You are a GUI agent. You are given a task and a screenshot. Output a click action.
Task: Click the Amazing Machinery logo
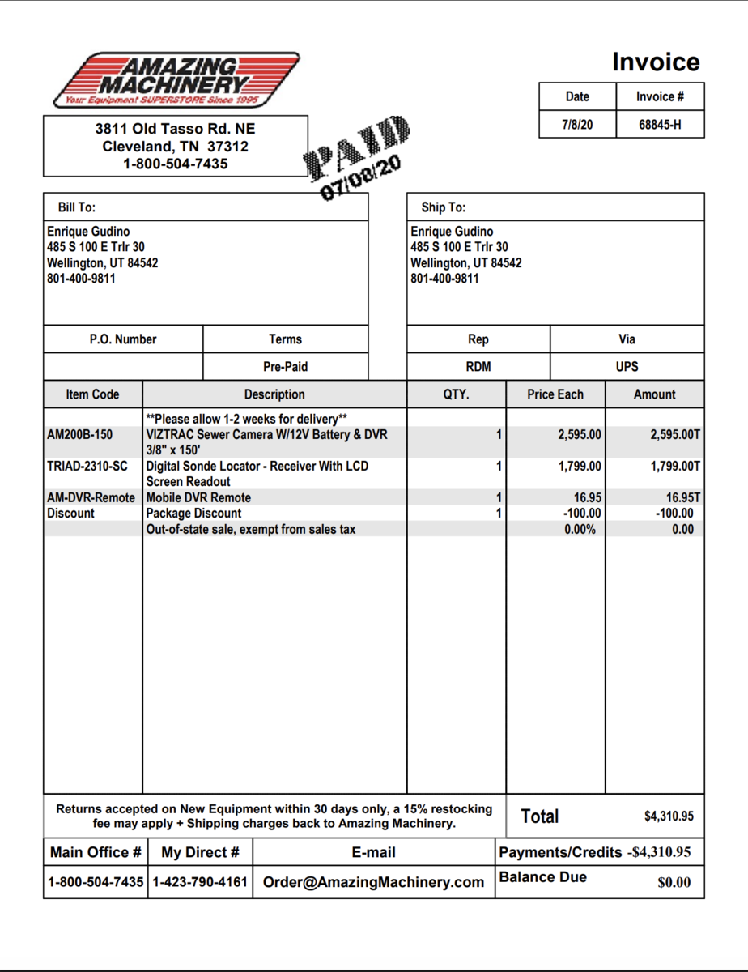(176, 80)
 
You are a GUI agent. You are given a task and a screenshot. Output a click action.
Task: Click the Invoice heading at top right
(656, 62)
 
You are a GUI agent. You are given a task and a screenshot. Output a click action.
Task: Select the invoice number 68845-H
(660, 124)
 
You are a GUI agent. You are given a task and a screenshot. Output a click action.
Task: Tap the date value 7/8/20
(577, 124)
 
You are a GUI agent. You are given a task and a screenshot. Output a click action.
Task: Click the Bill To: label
(77, 207)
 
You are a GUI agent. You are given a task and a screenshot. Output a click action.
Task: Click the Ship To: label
(443, 207)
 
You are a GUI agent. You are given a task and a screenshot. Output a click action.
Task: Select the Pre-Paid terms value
(285, 367)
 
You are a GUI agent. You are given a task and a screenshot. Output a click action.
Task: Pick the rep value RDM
(478, 367)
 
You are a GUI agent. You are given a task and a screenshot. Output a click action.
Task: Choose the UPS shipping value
(627, 367)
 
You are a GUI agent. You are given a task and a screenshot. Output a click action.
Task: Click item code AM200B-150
(80, 435)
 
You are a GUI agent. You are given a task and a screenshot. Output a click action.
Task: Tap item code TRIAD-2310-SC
(87, 467)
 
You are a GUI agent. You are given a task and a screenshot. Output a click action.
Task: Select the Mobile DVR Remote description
(198, 498)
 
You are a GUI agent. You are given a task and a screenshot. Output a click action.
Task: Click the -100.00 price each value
(582, 514)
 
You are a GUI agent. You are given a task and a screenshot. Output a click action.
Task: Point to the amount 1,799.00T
(675, 467)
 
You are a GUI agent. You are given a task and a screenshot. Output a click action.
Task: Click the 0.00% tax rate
(580, 530)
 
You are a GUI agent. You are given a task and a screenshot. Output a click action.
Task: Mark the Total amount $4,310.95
(669, 816)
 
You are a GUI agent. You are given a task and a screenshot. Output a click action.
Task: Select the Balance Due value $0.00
(674, 883)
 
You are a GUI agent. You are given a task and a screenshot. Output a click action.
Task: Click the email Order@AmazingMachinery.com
(373, 882)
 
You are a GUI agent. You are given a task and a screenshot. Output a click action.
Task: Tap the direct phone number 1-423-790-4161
(200, 882)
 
